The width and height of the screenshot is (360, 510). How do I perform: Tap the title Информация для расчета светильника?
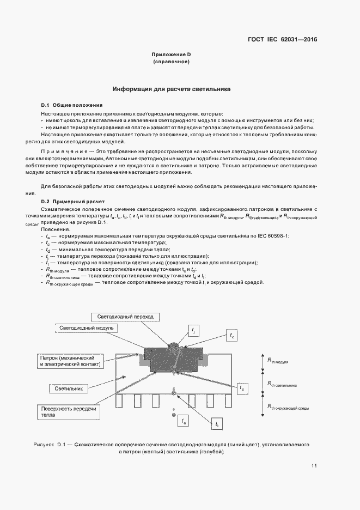[x=172, y=88]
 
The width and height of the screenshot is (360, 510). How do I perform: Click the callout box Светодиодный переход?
[x=126, y=317]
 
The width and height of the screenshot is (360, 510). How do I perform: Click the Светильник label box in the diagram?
[x=68, y=389]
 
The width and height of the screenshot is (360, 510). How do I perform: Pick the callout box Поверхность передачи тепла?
[x=68, y=411]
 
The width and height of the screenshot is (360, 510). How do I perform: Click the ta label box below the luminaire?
[x=184, y=421]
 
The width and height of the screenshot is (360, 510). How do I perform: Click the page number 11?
[x=314, y=465]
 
